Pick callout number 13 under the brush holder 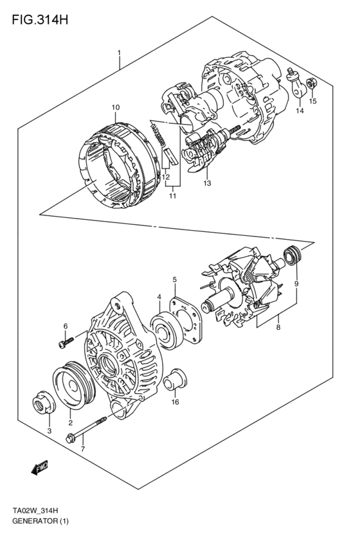pyautogui.click(x=208, y=183)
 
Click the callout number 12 pyautogui.click(x=165, y=177)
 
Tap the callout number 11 pyautogui.click(x=172, y=196)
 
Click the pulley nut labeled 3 pyautogui.click(x=42, y=406)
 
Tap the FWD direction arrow pyautogui.click(x=39, y=471)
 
